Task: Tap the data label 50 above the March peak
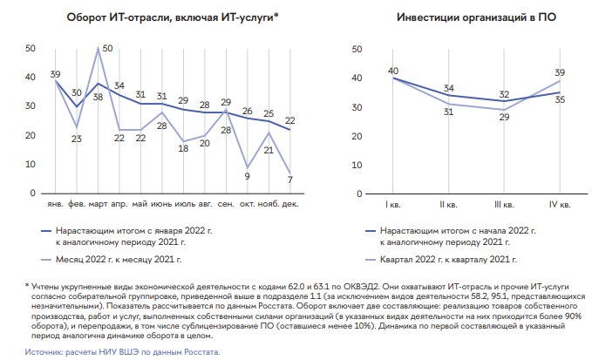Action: tap(107, 48)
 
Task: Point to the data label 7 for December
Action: tap(289, 179)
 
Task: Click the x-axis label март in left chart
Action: tap(98, 206)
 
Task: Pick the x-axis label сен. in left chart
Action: tap(225, 206)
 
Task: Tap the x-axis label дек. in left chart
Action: tap(289, 206)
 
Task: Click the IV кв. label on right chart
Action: tap(559, 206)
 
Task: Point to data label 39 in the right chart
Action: tap(559, 73)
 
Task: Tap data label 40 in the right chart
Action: tap(393, 71)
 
